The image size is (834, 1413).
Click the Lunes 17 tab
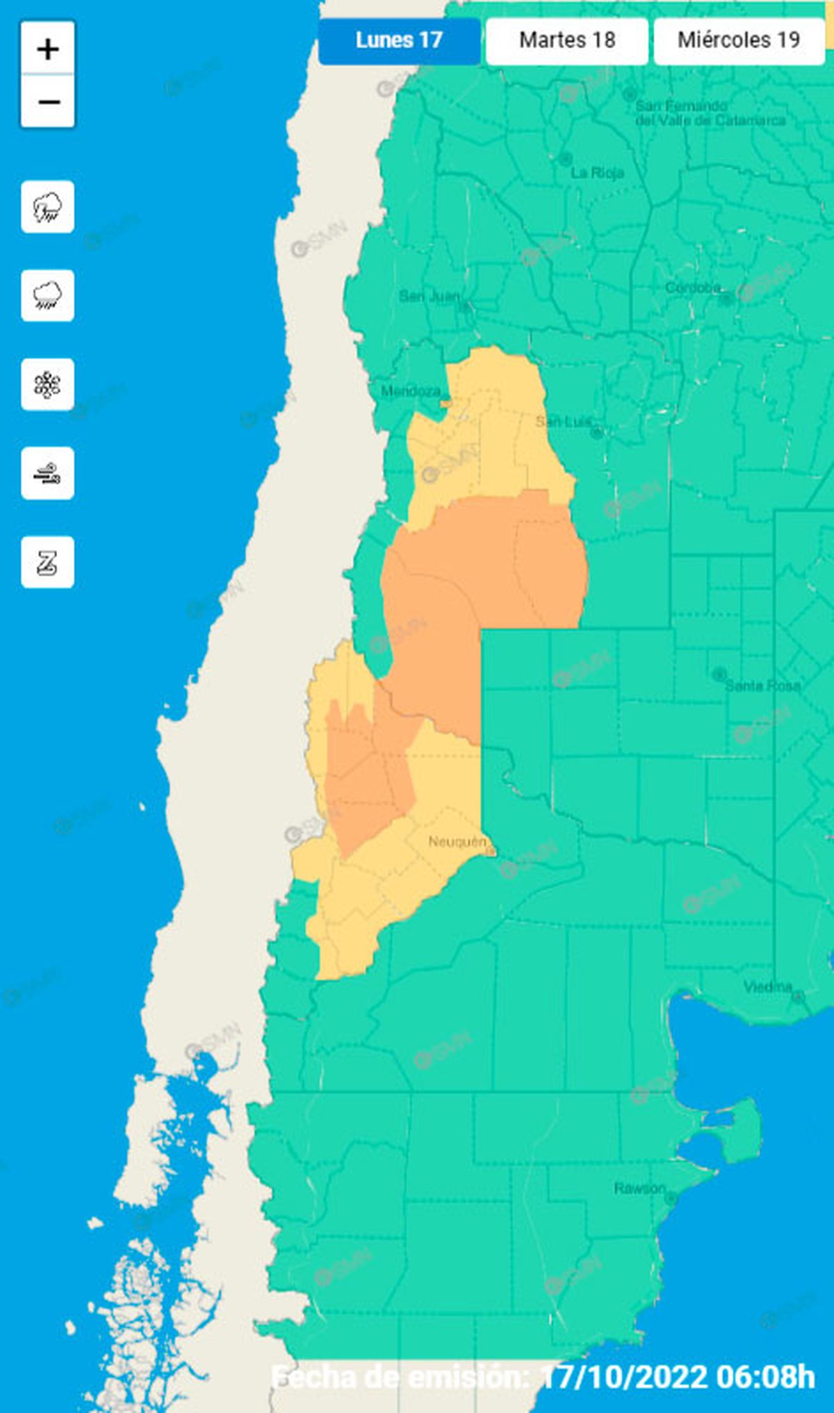pos(399,40)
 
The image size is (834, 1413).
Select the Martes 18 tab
pos(567,40)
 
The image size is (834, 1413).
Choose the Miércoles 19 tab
pos(739,40)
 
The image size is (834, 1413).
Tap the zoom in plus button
pos(48,49)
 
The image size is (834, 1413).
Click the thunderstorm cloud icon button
pos(47,207)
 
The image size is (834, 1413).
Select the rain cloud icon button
pos(47,296)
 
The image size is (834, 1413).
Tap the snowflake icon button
pos(47,385)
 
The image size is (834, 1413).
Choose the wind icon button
pos(47,474)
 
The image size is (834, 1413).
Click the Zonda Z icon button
pos(47,563)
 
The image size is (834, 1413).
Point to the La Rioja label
pos(597,172)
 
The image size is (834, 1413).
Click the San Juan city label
pos(430,297)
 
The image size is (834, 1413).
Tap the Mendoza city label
pos(411,391)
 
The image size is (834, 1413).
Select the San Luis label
pos(564,422)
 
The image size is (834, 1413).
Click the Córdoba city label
pos(692,288)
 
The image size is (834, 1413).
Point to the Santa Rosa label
pos(762,686)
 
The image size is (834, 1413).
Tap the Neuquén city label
pos(457,842)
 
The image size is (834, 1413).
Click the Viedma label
pos(768,986)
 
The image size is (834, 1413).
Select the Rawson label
pos(639,1189)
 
